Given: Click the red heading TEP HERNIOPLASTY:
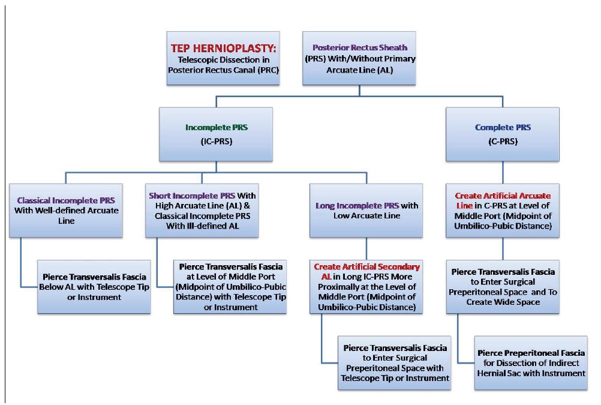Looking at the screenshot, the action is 224,49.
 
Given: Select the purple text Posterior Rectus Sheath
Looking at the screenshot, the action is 360,47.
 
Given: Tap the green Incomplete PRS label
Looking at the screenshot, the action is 217,127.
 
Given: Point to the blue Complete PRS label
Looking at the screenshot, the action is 503,127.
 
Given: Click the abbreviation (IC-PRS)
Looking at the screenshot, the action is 217,142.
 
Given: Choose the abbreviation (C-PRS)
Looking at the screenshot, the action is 503,142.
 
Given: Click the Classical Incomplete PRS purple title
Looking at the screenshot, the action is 66,200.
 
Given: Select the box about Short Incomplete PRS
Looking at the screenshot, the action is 202,211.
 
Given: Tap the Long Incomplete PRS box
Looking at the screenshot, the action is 366,211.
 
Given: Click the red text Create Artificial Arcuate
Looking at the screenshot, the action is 503,196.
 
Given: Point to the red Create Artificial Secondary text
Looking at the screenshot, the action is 367,266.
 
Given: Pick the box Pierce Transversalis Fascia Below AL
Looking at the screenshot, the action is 94,287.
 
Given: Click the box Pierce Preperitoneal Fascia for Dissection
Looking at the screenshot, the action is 531,363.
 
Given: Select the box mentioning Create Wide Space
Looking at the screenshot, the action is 503,287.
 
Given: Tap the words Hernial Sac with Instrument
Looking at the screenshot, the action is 531,373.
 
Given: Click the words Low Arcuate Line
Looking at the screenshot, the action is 367,215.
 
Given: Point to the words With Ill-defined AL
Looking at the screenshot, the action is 202,226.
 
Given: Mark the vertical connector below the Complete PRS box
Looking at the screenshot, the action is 503,172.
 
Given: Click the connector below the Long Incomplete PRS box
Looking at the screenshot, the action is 366,249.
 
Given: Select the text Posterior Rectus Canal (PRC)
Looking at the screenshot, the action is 224,70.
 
